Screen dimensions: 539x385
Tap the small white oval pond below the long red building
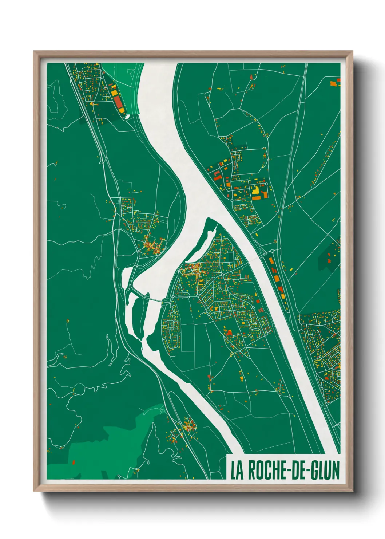(x=127, y=117)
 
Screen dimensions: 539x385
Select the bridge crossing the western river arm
(x=153, y=299)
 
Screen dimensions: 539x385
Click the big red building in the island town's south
(x=229, y=332)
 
